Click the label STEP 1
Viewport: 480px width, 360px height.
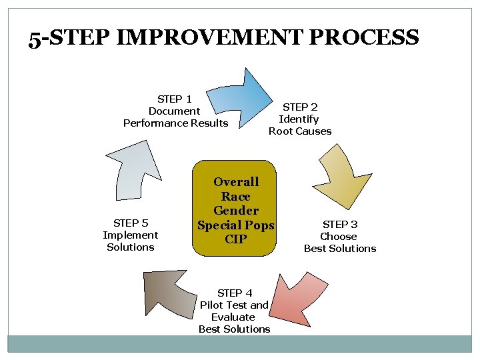pos(175,99)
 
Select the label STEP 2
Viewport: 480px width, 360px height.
pos(300,107)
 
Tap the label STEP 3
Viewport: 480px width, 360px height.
pos(340,224)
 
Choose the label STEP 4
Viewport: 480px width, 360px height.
pos(234,293)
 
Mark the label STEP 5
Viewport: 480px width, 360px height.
pos(131,223)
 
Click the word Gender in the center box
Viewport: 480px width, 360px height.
pos(236,211)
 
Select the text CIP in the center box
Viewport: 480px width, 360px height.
pos(236,239)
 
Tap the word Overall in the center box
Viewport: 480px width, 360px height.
pos(236,181)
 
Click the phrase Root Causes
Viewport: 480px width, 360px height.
pos(300,131)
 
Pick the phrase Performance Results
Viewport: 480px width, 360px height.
pos(175,123)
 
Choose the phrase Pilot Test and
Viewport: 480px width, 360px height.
pos(234,305)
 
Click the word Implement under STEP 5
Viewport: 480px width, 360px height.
pos(131,235)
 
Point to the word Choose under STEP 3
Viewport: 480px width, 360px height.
pos(339,236)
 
